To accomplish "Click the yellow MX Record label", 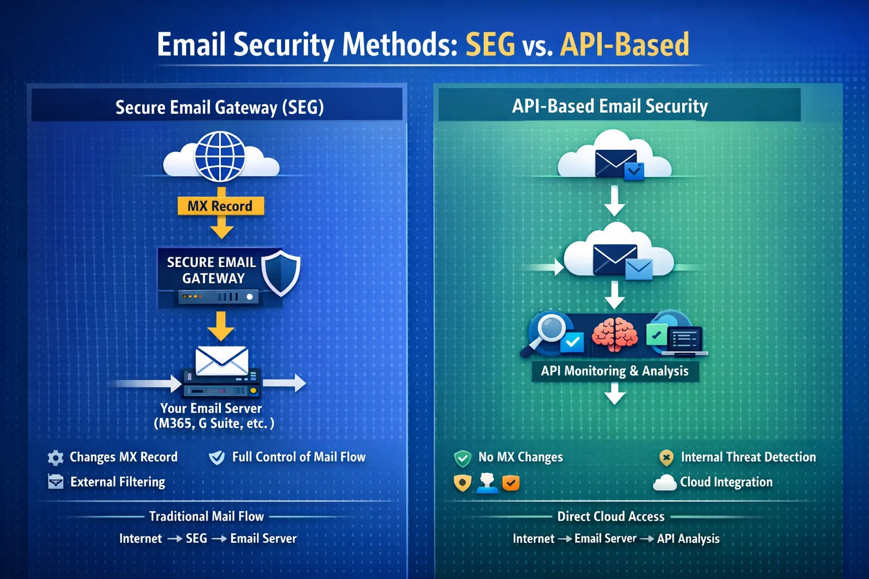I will [x=220, y=206].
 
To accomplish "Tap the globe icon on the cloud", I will [x=220, y=156].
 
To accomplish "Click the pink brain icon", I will [x=614, y=334].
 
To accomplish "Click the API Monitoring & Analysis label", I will [x=614, y=371].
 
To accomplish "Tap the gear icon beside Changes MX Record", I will [x=55, y=457].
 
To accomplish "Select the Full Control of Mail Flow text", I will [x=299, y=457].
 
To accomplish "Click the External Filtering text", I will [x=118, y=482].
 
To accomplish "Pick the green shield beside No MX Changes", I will [x=463, y=458].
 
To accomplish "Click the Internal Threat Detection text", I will [x=748, y=457].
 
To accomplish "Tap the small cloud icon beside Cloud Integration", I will [x=665, y=483].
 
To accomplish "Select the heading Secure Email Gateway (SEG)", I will [x=220, y=107].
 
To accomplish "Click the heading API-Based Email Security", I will [x=610, y=106].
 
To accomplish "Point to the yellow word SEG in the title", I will [x=490, y=45].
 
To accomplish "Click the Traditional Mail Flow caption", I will [x=207, y=516].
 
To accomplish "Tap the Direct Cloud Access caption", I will [x=610, y=516].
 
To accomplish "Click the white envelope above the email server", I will [x=221, y=360].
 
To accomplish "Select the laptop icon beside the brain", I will [x=685, y=341].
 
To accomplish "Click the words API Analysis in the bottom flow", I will [x=688, y=539].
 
